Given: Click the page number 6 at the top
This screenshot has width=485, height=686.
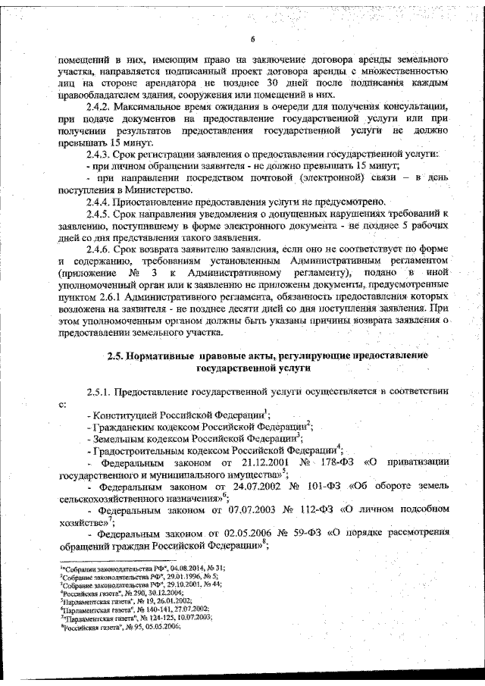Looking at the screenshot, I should click(x=252, y=40).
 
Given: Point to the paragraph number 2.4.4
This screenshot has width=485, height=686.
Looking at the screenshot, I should click(x=102, y=202).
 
